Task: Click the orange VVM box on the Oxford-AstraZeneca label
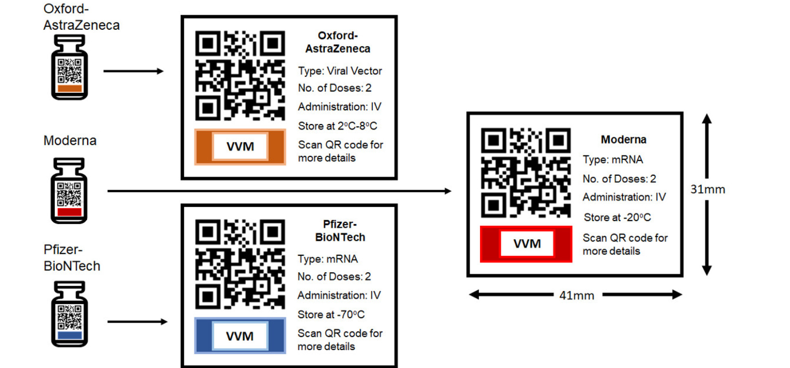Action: point(240,147)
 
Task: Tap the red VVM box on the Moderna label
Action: point(526,244)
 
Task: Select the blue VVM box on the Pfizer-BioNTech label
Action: point(240,336)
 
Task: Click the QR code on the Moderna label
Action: point(526,173)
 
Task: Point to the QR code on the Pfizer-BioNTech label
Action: point(240,264)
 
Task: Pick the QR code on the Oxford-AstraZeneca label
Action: point(240,76)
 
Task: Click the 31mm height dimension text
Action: point(707,189)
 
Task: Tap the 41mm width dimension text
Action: point(576,295)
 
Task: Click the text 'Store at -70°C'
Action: point(331,314)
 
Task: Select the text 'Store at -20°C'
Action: point(617,217)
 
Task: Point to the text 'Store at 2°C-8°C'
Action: point(337,126)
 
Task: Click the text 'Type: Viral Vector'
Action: point(340,71)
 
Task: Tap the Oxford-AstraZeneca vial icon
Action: point(69,67)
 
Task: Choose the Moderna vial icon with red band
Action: point(69,191)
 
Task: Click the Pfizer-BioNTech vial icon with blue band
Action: point(69,314)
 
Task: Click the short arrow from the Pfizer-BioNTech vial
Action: point(137,322)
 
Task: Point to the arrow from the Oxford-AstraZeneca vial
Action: point(133,71)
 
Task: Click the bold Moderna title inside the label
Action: point(623,140)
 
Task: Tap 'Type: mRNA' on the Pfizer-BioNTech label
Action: point(328,259)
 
